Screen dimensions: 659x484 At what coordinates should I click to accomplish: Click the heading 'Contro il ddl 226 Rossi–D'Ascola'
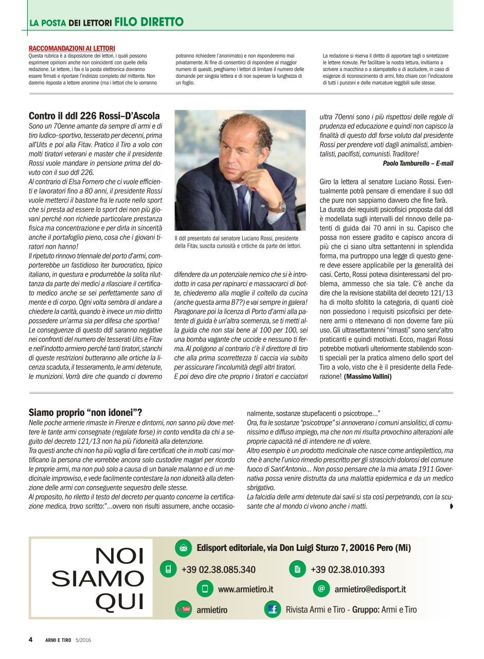(x=94, y=116)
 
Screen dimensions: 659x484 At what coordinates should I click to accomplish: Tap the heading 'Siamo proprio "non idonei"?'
(x=85, y=412)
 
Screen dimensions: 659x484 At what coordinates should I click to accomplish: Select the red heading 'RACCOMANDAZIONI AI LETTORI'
(x=72, y=48)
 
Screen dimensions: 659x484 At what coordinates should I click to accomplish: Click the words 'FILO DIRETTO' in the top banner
(x=149, y=22)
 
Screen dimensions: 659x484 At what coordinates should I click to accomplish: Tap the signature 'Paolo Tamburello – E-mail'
(x=418, y=163)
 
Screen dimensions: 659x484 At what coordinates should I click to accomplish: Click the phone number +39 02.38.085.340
(x=218, y=570)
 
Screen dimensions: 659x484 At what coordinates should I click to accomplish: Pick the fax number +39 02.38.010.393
(x=347, y=570)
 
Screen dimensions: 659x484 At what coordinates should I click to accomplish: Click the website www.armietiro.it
(x=245, y=589)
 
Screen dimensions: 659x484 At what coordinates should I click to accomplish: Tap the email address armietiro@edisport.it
(x=370, y=589)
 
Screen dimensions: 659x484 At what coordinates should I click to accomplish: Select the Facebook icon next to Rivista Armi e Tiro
(x=273, y=610)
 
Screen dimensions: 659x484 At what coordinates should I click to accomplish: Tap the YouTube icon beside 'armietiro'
(x=183, y=610)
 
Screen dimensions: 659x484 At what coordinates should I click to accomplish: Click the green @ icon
(x=321, y=588)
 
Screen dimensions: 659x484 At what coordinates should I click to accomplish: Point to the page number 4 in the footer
(x=30, y=640)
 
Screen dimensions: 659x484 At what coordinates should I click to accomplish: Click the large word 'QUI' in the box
(x=119, y=601)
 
